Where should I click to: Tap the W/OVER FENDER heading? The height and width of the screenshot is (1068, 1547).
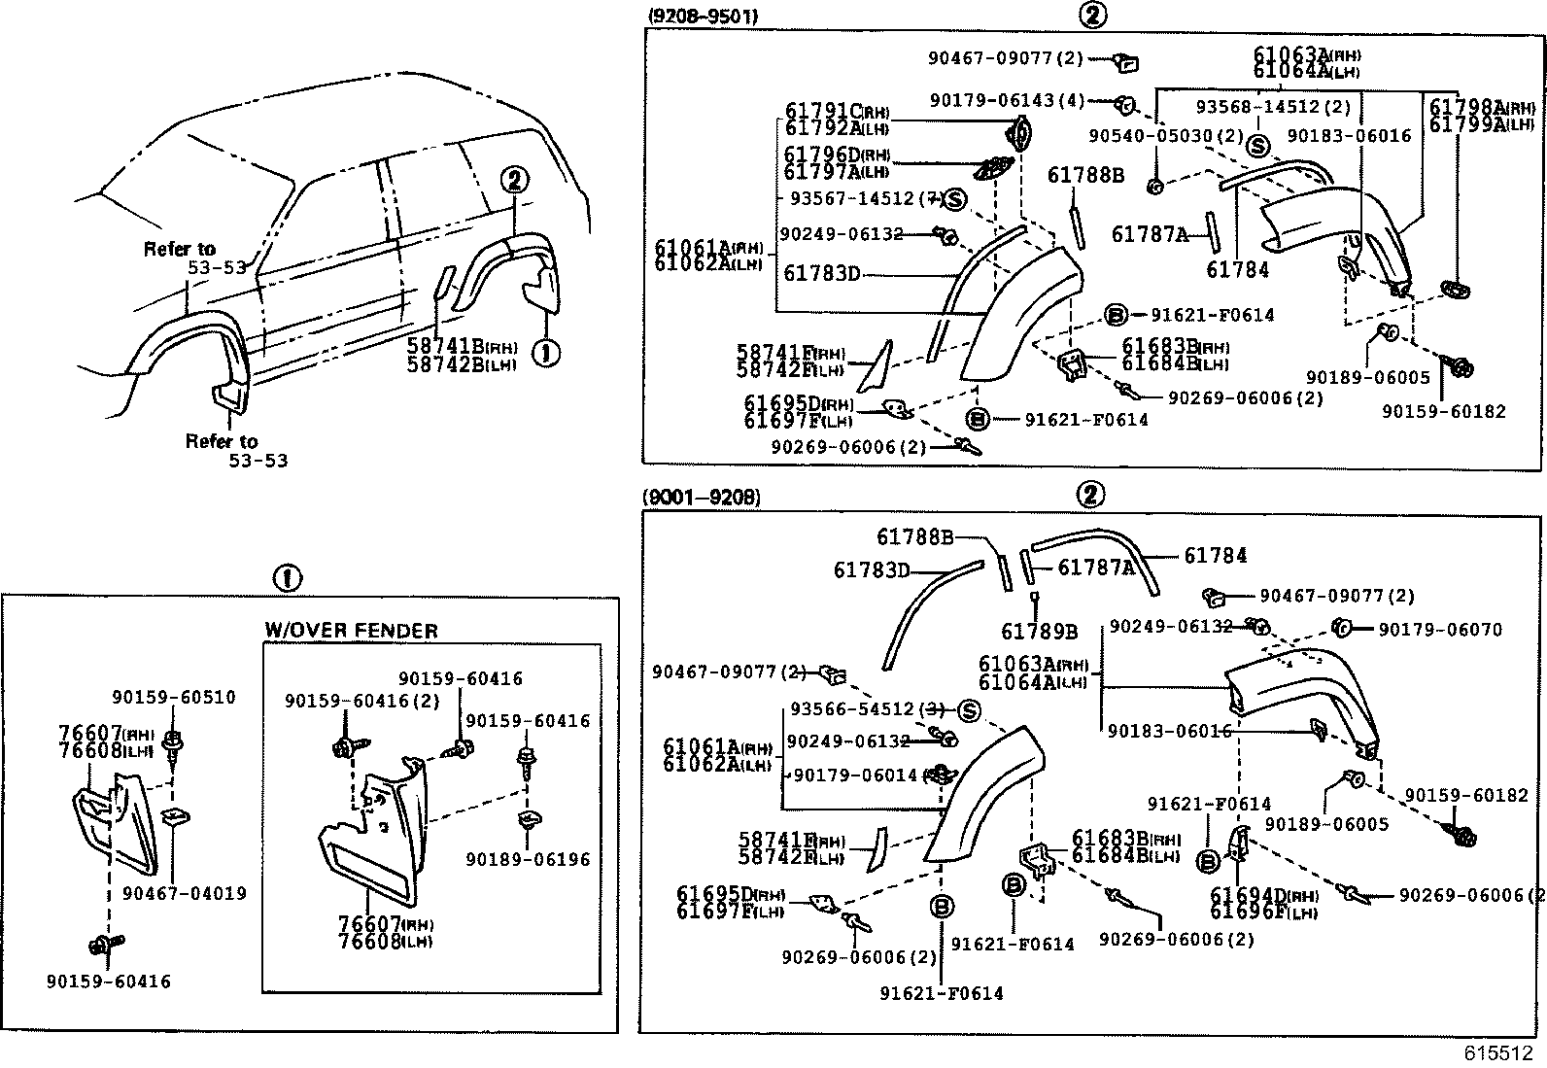pyautogui.click(x=351, y=631)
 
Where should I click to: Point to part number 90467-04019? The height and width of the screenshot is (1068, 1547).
pyautogui.click(x=185, y=893)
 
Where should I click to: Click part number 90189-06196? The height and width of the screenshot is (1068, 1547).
pyautogui.click(x=528, y=859)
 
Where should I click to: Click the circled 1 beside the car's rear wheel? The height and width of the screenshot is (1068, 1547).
pyautogui.click(x=546, y=353)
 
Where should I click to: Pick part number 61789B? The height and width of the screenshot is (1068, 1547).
pyautogui.click(x=1039, y=632)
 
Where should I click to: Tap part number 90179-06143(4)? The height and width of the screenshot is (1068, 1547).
pyautogui.click(x=1007, y=100)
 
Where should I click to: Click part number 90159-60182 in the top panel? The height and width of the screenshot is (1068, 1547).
pyautogui.click(x=1444, y=411)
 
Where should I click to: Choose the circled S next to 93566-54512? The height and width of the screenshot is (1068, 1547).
pyautogui.click(x=969, y=710)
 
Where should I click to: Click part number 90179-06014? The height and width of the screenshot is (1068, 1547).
pyautogui.click(x=855, y=775)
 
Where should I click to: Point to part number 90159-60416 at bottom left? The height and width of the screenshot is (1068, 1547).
pyautogui.click(x=108, y=982)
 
